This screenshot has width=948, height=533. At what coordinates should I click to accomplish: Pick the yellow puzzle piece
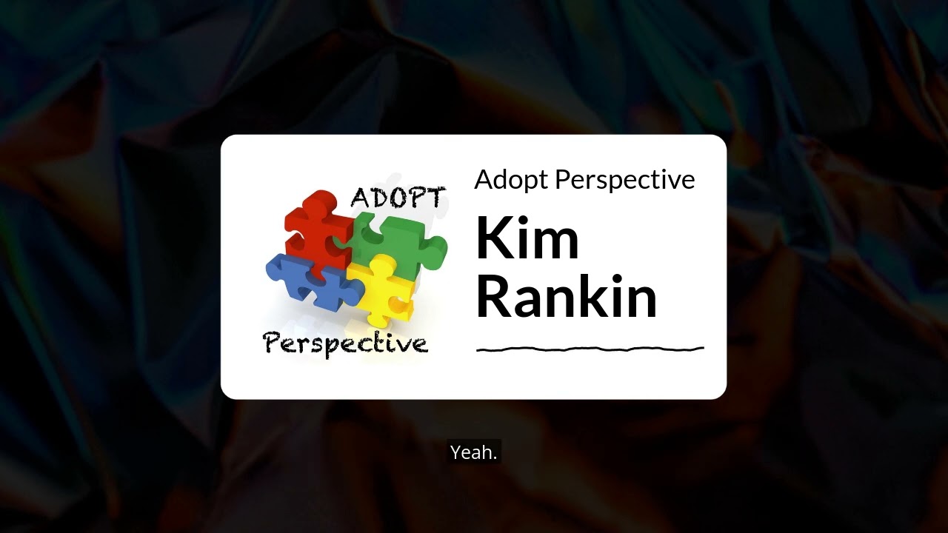(385, 289)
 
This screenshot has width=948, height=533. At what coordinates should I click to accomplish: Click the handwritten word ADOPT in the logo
(398, 198)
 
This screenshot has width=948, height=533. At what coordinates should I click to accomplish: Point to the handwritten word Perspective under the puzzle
(346, 343)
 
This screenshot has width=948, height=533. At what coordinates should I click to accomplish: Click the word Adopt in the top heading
(511, 180)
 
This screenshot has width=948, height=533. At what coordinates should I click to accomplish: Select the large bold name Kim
(527, 238)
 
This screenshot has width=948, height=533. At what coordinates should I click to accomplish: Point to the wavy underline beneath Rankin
(590, 348)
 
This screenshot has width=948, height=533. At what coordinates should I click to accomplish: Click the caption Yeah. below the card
(474, 452)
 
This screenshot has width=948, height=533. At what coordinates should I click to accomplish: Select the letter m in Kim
(553, 244)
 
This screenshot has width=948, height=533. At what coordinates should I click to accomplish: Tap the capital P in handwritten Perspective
(273, 343)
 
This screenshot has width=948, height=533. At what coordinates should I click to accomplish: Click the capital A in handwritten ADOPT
(360, 198)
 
